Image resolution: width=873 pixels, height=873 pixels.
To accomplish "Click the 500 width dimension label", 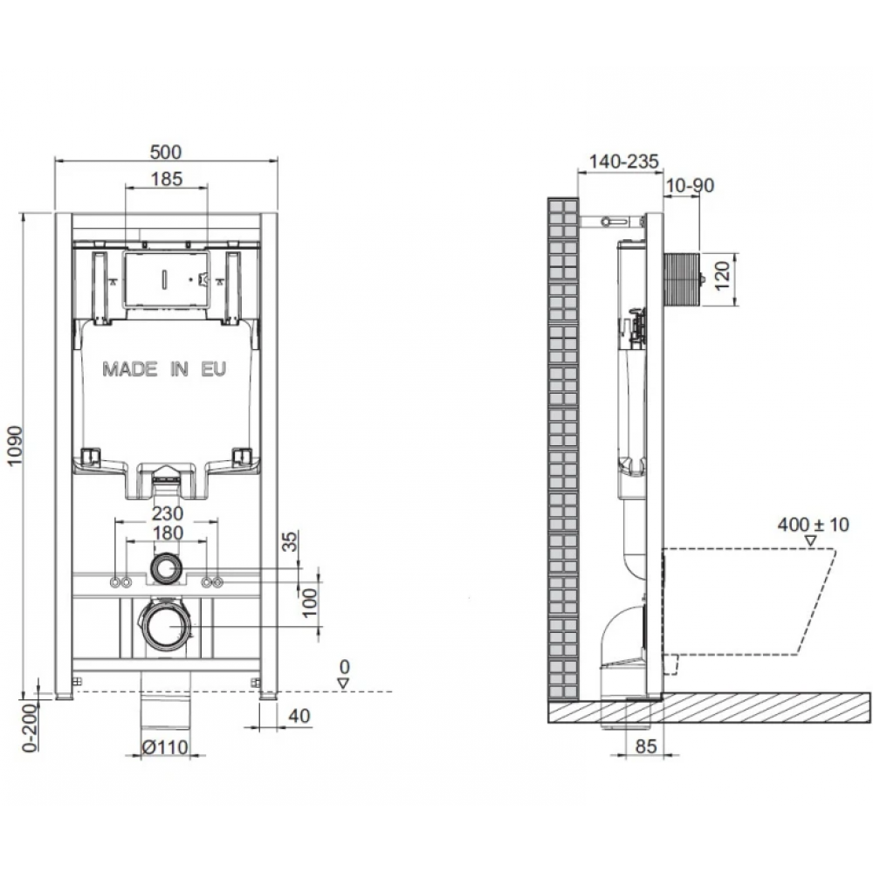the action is (166, 151).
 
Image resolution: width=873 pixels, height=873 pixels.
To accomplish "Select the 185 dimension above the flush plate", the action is (167, 179).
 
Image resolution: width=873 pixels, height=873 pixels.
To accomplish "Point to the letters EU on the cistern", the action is (214, 369).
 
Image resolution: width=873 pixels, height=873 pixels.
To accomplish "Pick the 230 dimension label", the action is (168, 512).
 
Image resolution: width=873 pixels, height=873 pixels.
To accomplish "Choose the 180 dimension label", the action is (168, 533).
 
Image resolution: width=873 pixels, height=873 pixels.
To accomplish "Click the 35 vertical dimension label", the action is (290, 541).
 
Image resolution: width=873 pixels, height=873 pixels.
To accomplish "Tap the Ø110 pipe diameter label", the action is (165, 747).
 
